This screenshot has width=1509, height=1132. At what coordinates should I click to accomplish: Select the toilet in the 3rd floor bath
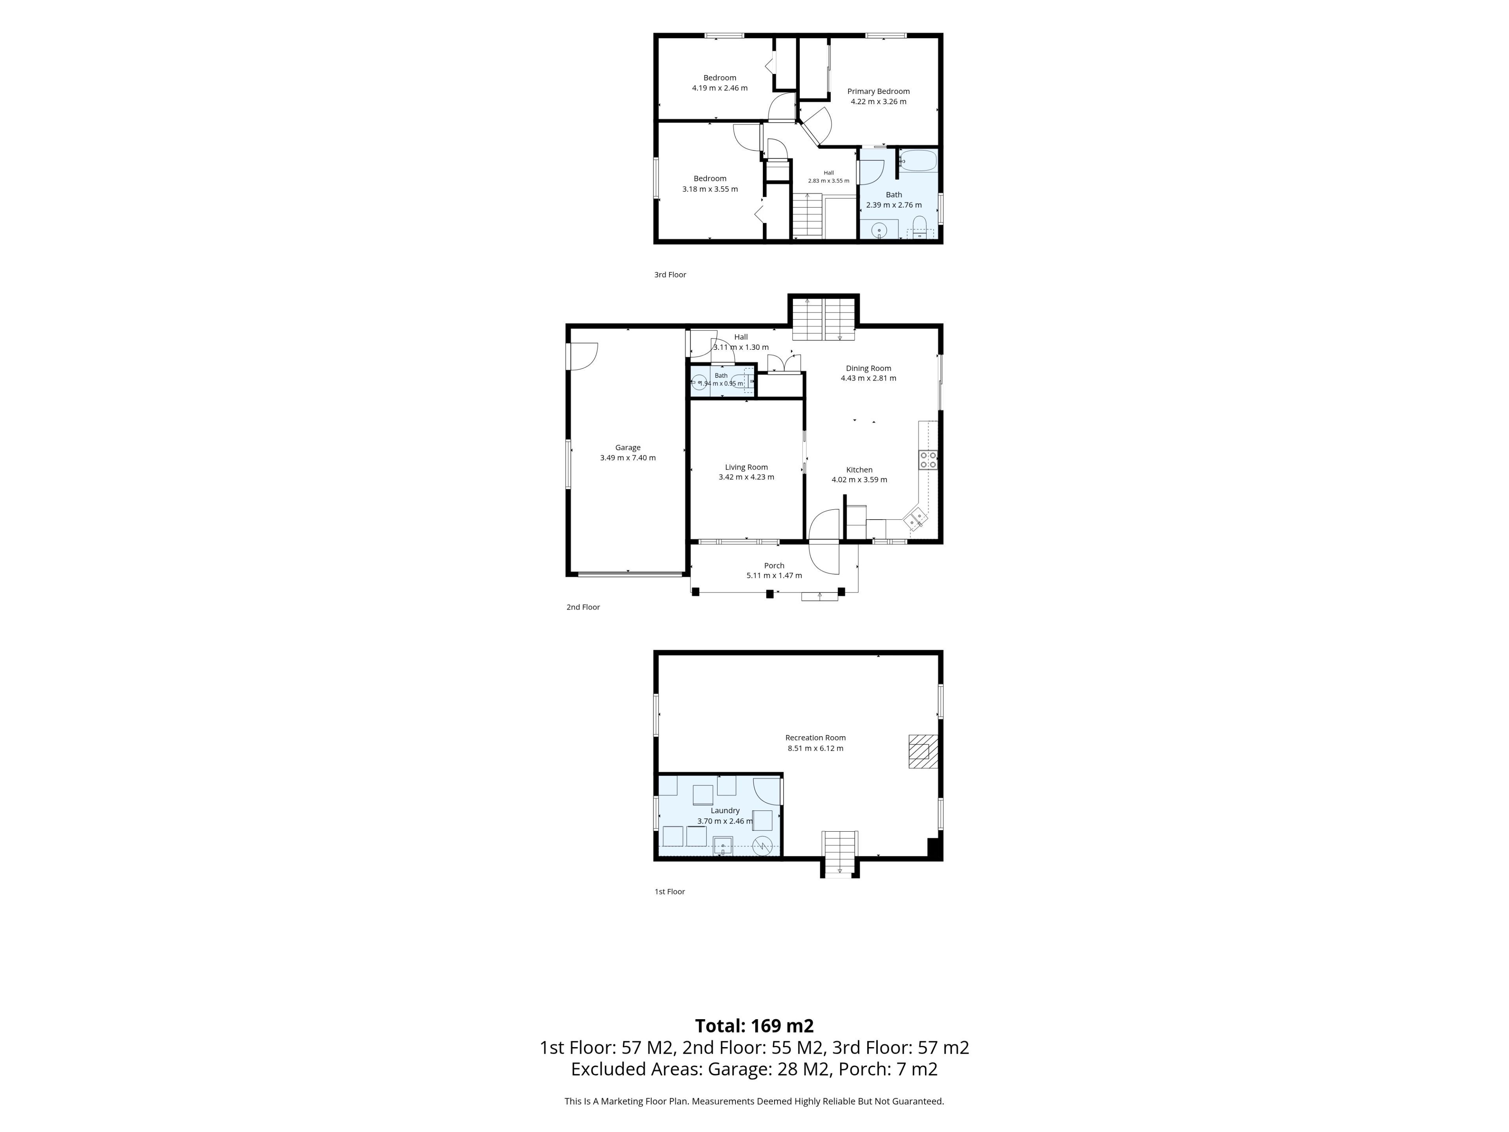(x=919, y=226)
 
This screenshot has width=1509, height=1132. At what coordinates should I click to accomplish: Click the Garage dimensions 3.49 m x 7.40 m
(x=628, y=458)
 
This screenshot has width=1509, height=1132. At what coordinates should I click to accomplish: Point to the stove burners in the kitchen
(x=928, y=460)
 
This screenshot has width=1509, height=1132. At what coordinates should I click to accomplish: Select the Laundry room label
(x=725, y=810)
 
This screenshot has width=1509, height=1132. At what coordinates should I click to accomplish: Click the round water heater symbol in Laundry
(x=763, y=847)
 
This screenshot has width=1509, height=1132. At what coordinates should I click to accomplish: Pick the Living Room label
(x=746, y=467)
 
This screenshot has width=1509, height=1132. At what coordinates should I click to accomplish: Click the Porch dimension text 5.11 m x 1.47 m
(x=774, y=575)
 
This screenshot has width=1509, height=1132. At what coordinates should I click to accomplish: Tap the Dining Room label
(x=868, y=368)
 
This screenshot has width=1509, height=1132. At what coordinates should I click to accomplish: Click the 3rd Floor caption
(x=670, y=275)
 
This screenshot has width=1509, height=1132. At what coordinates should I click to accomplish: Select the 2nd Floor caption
(x=583, y=607)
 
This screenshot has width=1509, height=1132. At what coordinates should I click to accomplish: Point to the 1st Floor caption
(x=670, y=892)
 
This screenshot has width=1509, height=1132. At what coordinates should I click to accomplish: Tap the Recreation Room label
(x=815, y=738)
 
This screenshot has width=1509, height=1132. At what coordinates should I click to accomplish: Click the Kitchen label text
(x=859, y=470)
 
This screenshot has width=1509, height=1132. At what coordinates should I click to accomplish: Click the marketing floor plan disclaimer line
(x=754, y=1101)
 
